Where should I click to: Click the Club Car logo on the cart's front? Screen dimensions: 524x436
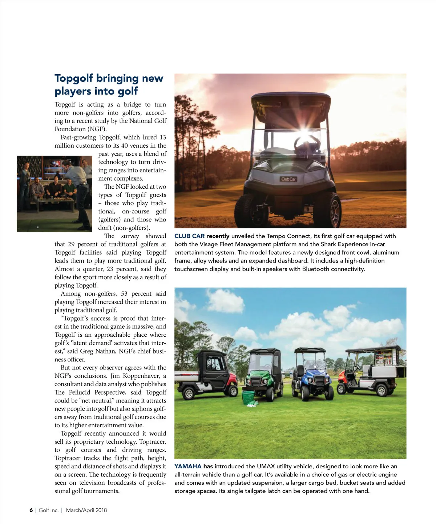[288, 179]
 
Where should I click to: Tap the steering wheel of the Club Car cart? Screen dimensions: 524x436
[307, 142]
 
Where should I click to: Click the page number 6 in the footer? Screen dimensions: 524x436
[31, 510]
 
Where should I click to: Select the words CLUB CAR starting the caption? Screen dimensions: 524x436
[189, 236]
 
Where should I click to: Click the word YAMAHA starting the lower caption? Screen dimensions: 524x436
[188, 466]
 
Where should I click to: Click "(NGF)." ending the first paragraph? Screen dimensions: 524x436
[97, 129]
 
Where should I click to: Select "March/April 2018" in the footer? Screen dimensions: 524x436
[86, 510]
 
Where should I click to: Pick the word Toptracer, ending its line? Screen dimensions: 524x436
[151, 442]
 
